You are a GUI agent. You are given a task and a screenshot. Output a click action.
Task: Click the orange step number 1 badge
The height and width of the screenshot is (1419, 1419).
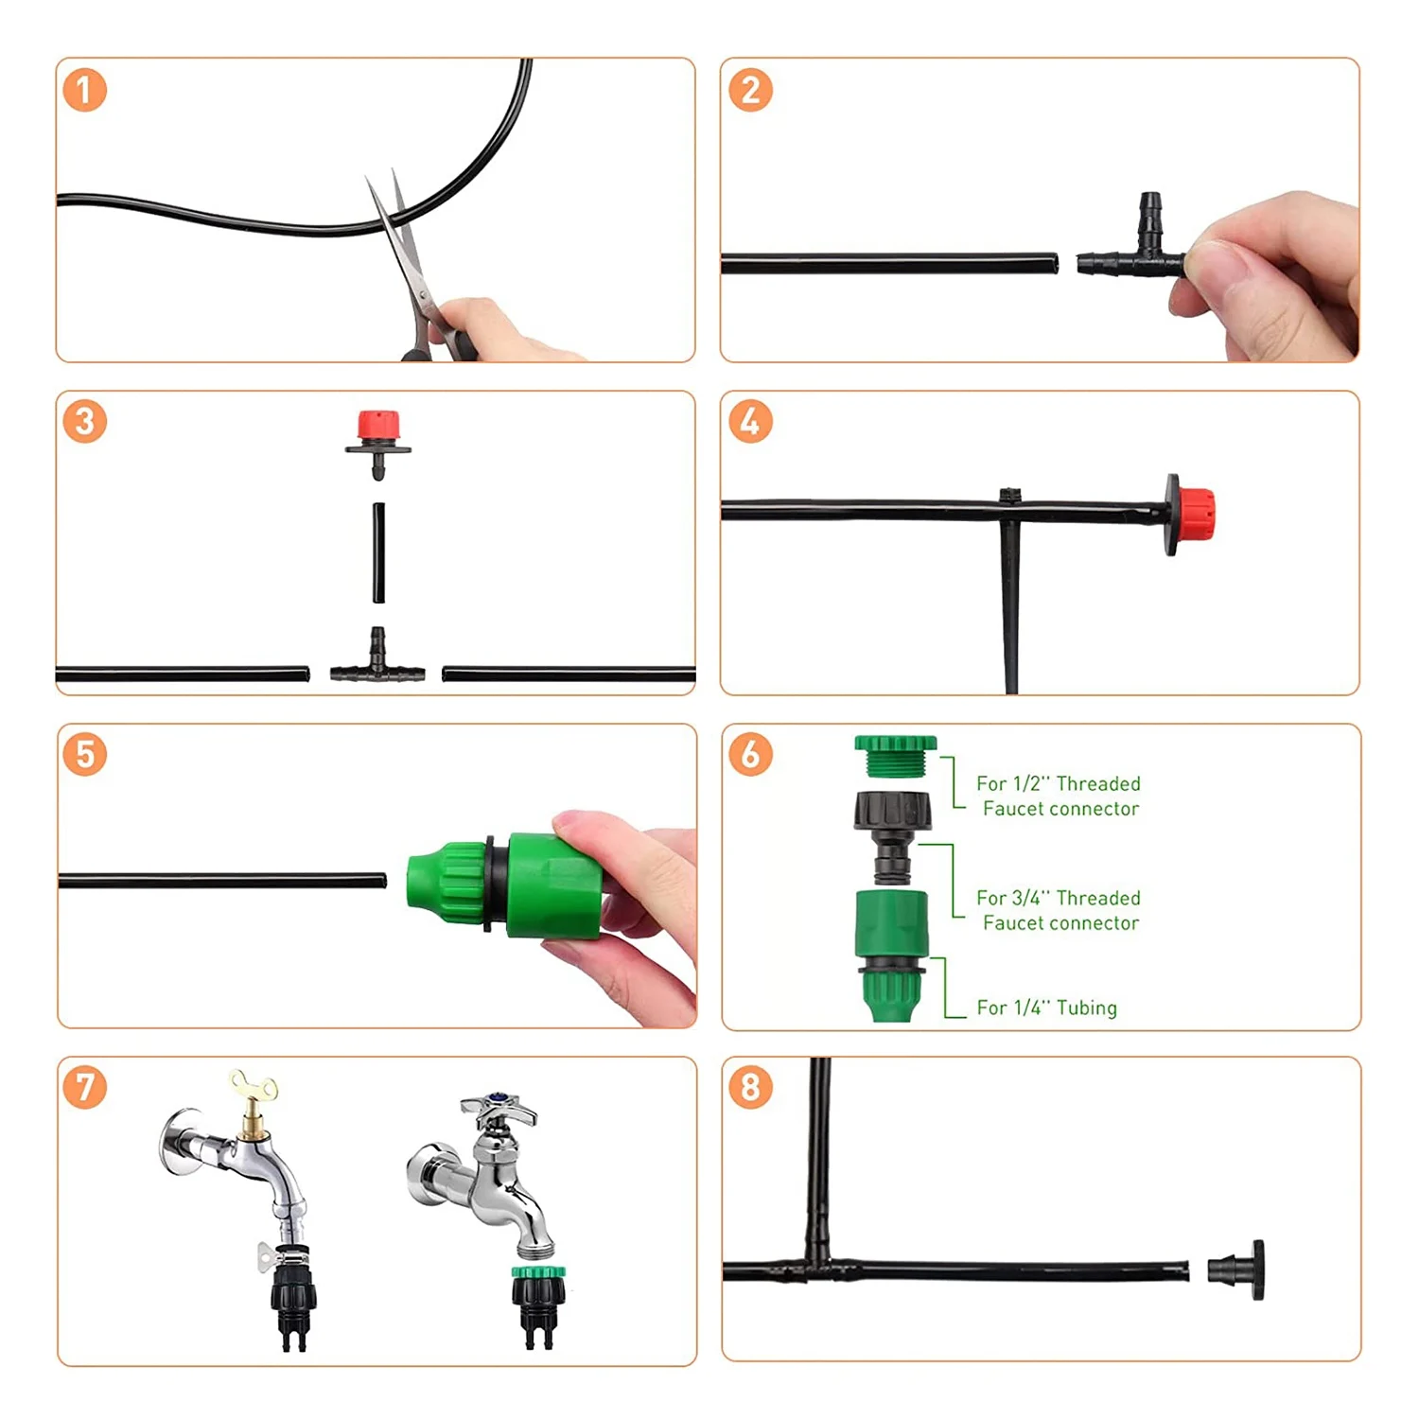point(84,90)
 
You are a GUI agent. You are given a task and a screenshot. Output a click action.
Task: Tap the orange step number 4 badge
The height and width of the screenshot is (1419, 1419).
point(750,422)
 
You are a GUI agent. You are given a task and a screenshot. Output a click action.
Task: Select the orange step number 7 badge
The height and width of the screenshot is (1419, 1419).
point(84,1087)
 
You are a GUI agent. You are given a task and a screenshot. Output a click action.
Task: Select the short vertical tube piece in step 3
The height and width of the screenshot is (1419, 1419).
point(378,552)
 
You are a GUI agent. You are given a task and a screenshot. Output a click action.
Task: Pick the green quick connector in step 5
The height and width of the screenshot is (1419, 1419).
point(501,885)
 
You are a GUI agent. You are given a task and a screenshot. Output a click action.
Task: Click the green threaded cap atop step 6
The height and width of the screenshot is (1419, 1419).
point(895,758)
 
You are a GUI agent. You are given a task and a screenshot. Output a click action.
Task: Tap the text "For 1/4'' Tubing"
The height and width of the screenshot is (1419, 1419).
point(1046,1007)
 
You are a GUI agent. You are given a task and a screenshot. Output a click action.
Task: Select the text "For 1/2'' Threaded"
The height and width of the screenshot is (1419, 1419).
point(1059,783)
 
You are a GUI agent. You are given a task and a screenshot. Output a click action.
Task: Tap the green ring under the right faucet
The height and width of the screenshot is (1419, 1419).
point(538,1272)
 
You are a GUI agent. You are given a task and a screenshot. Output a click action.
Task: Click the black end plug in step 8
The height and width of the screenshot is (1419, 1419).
point(1236,1270)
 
